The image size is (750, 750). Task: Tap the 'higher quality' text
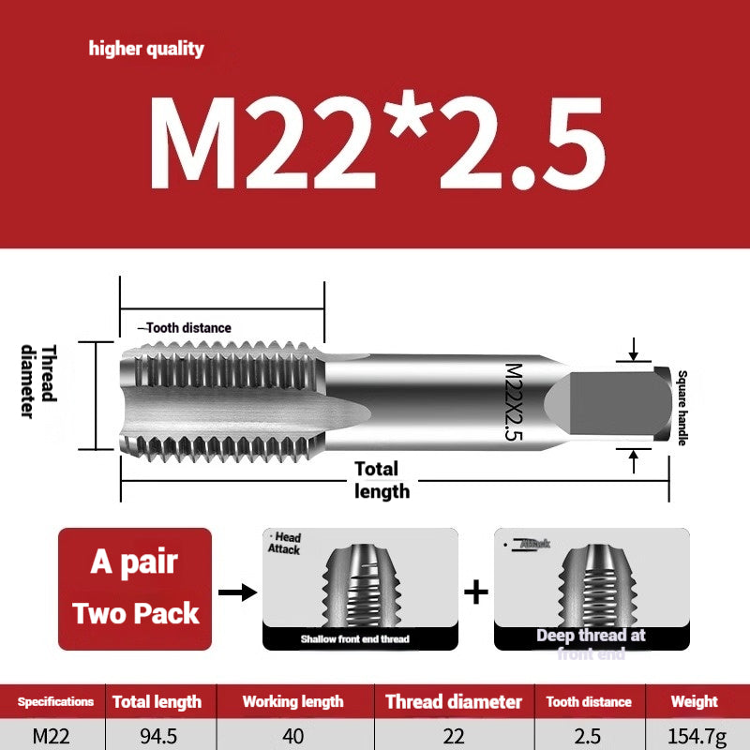[x=146, y=49]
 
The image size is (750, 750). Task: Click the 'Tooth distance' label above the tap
[x=185, y=327]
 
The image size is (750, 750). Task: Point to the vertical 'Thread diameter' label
[x=38, y=382]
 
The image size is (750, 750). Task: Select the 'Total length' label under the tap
[x=381, y=479]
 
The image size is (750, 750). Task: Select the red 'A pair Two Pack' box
[x=135, y=589]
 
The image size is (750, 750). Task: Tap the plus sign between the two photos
[x=477, y=592]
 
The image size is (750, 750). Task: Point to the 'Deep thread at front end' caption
[x=591, y=643]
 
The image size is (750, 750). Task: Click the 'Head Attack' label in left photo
[x=286, y=544]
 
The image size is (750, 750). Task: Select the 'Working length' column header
[x=292, y=701]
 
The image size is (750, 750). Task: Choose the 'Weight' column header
[x=694, y=701]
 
